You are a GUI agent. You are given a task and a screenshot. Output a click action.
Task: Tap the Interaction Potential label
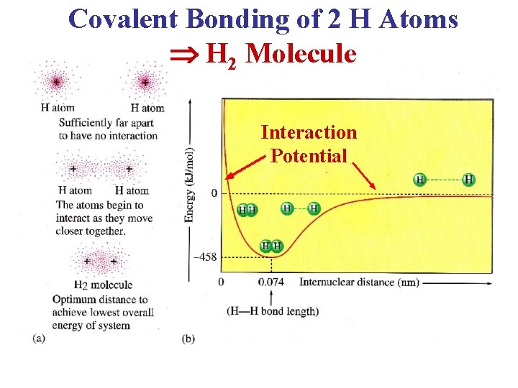click(x=309, y=143)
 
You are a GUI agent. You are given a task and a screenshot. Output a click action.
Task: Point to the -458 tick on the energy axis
click(x=204, y=256)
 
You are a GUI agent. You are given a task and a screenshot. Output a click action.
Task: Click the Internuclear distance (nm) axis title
click(x=358, y=282)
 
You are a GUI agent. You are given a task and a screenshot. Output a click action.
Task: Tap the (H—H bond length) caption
click(x=272, y=310)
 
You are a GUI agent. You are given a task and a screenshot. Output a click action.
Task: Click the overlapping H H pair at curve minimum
click(x=271, y=246)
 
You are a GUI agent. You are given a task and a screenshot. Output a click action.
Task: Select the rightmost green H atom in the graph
click(x=469, y=179)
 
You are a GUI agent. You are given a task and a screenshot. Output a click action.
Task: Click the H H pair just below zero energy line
click(x=247, y=210)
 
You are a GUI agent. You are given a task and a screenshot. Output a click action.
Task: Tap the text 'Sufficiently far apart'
click(x=106, y=122)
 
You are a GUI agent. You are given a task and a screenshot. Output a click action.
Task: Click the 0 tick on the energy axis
click(x=214, y=193)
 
